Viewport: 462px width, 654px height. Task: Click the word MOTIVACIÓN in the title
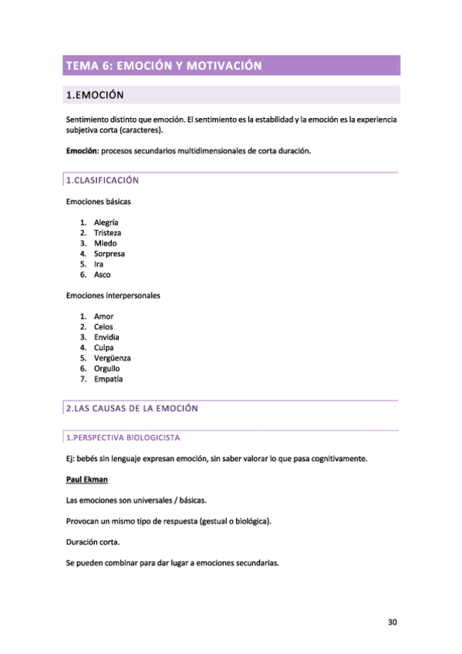221,66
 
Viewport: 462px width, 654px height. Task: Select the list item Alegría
106,222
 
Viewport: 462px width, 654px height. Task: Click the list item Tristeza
107,233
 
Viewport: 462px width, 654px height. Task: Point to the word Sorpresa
110,254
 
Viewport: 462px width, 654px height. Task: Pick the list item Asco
102,275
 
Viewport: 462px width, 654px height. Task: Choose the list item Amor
103,316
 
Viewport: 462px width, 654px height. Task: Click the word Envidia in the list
106,337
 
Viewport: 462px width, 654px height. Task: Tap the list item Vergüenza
112,358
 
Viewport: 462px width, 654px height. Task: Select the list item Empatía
108,379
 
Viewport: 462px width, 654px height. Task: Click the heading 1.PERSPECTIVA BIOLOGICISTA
123,437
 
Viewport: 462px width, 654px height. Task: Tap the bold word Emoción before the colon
81,151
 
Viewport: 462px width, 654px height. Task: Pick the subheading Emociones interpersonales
113,295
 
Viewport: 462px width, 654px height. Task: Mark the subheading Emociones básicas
99,201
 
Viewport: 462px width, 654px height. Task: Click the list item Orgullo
107,369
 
